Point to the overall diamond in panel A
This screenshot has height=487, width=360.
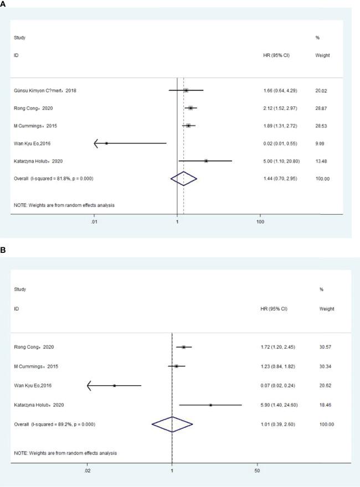(183, 178)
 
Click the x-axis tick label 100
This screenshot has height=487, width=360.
(260, 222)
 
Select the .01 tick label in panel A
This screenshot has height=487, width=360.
(94, 222)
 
